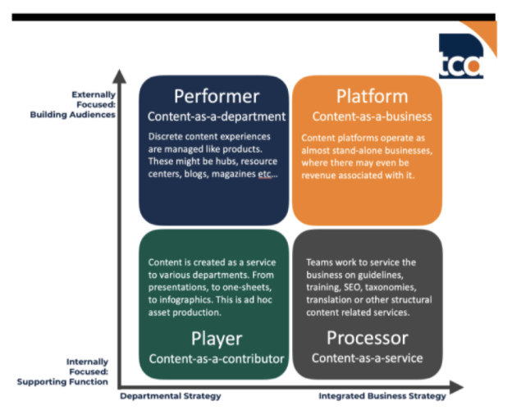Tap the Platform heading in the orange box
(372, 96)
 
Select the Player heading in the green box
(216, 338)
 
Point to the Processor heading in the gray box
(368, 338)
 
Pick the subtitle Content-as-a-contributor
(216, 358)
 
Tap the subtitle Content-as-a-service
(368, 358)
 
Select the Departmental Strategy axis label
(171, 396)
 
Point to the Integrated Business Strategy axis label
(377, 396)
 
